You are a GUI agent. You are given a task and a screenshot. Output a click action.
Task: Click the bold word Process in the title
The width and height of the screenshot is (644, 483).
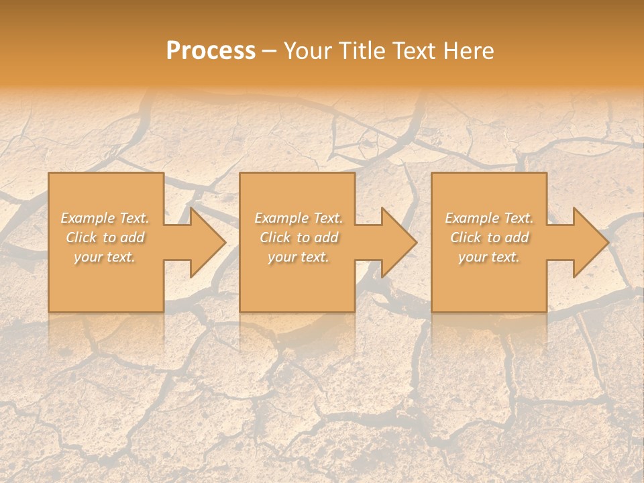pyautogui.click(x=211, y=51)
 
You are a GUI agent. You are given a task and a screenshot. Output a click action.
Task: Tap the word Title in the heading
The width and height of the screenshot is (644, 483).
pyautogui.click(x=361, y=51)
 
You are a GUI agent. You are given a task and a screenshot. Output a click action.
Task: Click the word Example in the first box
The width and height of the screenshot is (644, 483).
pyautogui.click(x=89, y=218)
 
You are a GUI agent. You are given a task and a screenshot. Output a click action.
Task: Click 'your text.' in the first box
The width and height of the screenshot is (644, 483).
pyautogui.click(x=105, y=257)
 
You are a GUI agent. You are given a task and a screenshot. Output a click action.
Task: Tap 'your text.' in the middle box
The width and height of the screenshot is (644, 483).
pyautogui.click(x=298, y=257)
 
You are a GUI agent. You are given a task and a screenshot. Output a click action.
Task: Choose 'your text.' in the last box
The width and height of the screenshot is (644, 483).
pyautogui.click(x=488, y=257)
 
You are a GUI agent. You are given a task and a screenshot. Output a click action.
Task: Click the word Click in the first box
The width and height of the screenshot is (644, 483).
pyautogui.click(x=81, y=237)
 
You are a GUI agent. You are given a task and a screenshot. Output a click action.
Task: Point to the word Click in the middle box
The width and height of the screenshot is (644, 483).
pyautogui.click(x=275, y=237)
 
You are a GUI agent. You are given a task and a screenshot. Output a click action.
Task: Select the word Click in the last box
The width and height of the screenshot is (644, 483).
pyautogui.click(x=466, y=237)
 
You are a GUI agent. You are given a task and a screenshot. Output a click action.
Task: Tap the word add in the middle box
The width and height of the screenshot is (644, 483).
pyautogui.click(x=326, y=237)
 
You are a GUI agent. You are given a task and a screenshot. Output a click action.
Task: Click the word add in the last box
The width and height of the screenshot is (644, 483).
pyautogui.click(x=517, y=237)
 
